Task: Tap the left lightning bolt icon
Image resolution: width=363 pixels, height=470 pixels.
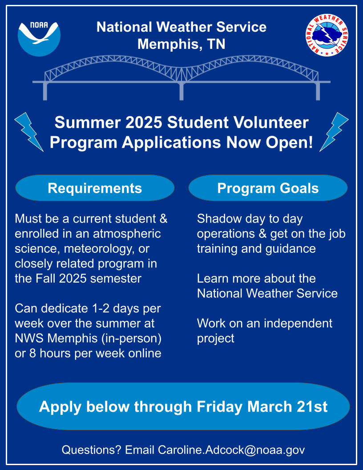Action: pos(28,131)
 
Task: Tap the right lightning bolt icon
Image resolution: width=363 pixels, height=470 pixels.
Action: pos(334,131)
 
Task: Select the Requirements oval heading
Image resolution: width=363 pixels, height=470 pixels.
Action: pos(95,188)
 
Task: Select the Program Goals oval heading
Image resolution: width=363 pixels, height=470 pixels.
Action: pos(268,188)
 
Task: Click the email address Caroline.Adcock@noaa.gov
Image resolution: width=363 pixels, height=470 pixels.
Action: pos(231,450)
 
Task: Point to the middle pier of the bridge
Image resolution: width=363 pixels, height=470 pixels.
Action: pos(181,91)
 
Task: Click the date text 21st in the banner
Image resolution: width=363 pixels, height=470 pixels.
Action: pos(311,406)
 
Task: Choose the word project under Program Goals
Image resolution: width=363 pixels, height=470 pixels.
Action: pos(216,338)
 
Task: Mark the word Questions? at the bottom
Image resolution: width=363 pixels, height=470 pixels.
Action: pos(91,450)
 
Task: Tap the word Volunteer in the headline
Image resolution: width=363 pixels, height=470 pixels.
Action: pos(272,122)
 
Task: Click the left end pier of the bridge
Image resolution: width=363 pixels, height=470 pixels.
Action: pos(45,91)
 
